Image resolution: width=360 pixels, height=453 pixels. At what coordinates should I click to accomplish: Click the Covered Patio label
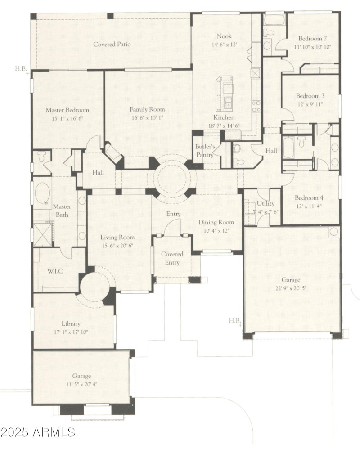[112, 45]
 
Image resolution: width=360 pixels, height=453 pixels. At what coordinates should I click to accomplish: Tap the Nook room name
[224, 36]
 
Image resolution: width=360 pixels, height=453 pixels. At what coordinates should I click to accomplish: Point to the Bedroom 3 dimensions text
[310, 104]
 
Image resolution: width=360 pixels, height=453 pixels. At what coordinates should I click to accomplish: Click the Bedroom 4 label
[310, 198]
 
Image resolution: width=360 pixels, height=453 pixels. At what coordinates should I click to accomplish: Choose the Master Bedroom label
[67, 110]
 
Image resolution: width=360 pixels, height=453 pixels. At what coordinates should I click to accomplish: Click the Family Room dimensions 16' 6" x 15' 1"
[147, 118]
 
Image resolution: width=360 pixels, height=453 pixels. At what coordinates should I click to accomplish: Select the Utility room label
[265, 204]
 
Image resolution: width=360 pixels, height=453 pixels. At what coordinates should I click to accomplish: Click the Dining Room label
[216, 222]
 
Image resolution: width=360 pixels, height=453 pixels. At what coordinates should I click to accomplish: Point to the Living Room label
[117, 238]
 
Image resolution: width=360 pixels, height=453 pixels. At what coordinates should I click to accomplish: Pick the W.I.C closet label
[55, 271]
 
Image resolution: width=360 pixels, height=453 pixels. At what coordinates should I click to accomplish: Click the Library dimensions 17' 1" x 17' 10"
[71, 332]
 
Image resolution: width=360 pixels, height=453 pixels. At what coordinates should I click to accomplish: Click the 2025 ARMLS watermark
[38, 433]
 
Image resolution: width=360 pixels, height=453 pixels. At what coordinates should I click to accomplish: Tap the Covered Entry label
[172, 258]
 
